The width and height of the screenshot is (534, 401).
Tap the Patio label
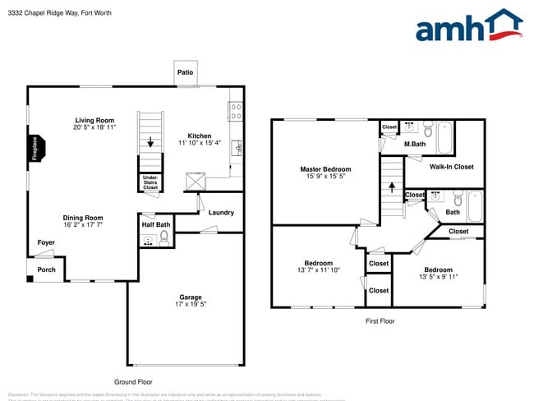(186, 73)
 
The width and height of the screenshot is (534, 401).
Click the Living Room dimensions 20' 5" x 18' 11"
(94, 128)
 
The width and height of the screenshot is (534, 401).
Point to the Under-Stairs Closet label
(150, 182)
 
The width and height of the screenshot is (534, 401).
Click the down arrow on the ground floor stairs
(150, 142)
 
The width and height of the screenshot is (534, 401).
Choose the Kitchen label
(200, 136)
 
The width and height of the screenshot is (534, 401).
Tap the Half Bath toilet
(164, 238)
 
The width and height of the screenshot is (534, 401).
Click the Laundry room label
(221, 213)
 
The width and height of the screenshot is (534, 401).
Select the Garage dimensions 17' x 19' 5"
(191, 306)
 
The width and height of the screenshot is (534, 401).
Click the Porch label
(46, 270)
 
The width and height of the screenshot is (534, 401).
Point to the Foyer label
(46, 242)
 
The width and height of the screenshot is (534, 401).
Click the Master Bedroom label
(325, 169)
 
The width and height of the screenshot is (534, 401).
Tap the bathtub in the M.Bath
(444, 137)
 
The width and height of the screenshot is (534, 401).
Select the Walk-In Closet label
(451, 167)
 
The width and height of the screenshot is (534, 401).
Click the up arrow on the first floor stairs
(391, 187)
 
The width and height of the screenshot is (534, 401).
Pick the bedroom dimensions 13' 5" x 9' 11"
(438, 277)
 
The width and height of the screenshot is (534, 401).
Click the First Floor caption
(380, 320)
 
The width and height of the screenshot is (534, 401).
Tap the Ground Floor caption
(132, 381)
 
